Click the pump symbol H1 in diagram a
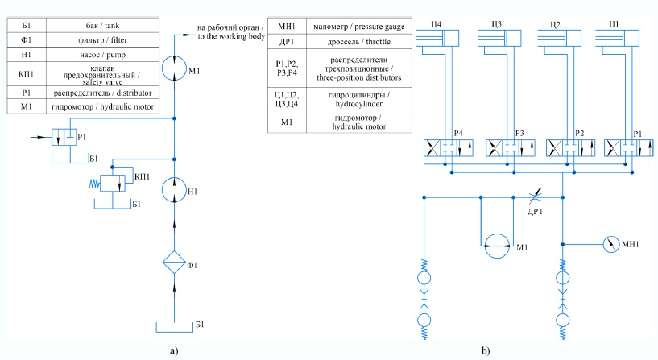[x=174, y=191]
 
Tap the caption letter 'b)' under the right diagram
[x=486, y=350]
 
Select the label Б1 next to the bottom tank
[x=200, y=324]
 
